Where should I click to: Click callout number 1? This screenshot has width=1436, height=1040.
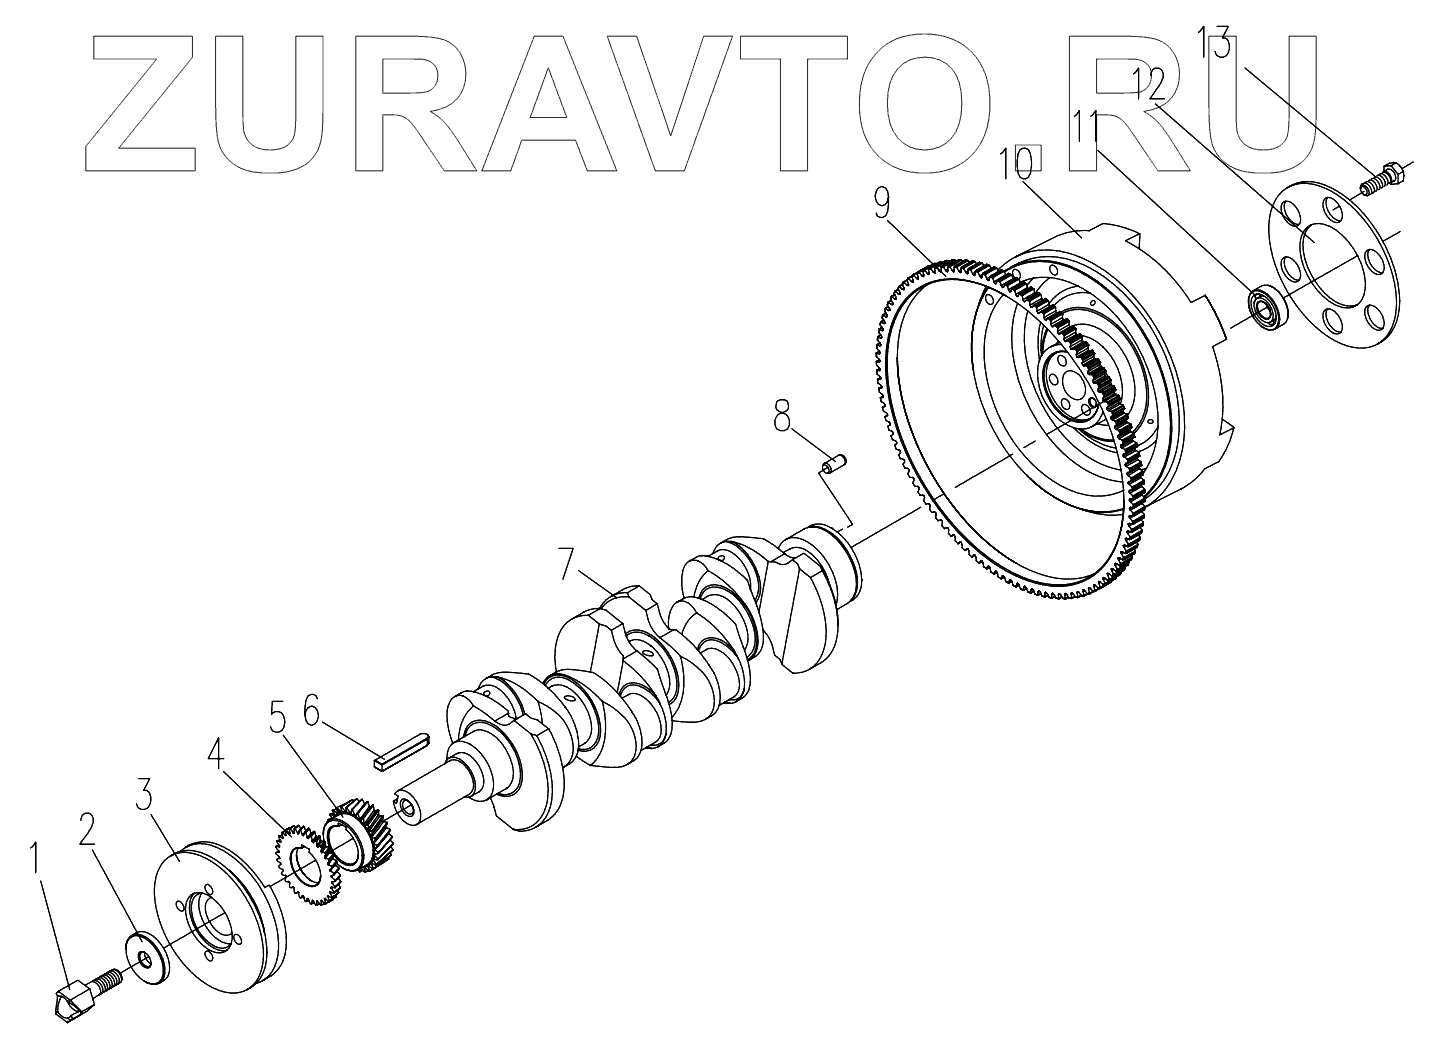(37, 859)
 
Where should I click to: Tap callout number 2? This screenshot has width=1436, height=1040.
(87, 829)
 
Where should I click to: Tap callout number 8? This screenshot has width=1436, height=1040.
(781, 416)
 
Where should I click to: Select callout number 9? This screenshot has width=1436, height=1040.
(881, 204)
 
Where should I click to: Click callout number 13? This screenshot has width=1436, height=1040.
(1216, 46)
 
